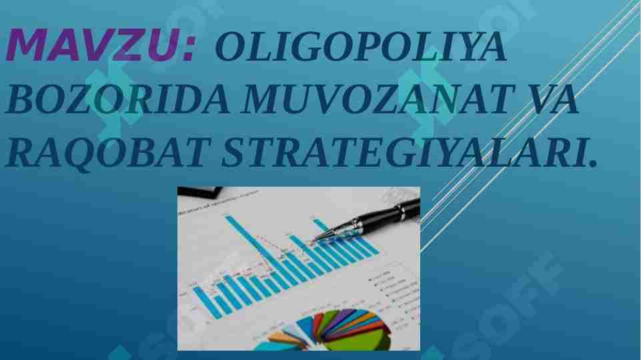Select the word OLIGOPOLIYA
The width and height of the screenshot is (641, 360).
(360, 49)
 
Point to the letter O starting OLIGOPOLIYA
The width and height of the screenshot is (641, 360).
(228, 49)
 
